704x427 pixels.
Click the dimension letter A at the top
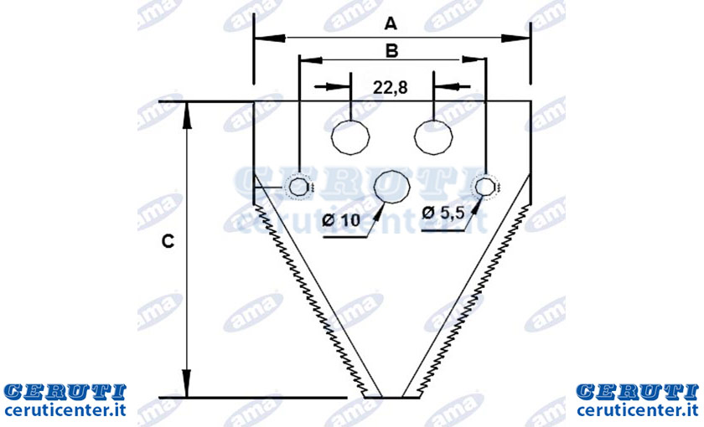[391, 23]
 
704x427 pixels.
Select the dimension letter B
[392, 51]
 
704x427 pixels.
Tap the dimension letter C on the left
[168, 242]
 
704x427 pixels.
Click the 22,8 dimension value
[391, 87]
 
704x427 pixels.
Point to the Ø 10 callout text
[342, 220]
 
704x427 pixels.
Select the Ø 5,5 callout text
[443, 213]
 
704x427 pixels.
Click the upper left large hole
[350, 137]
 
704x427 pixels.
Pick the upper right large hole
[433, 137]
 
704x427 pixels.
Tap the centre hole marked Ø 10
[392, 188]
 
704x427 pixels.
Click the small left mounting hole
[298, 187]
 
